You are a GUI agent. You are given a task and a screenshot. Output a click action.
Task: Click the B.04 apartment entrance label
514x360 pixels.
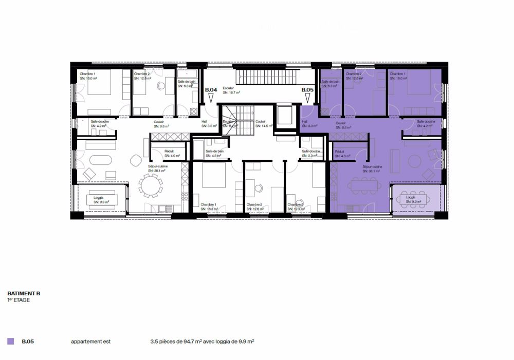click(211, 90)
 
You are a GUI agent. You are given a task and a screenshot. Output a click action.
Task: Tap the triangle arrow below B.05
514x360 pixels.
click(307, 97)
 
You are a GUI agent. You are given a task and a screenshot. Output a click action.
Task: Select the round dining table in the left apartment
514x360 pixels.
click(151, 185)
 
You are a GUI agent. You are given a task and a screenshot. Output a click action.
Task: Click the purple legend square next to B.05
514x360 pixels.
click(10, 341)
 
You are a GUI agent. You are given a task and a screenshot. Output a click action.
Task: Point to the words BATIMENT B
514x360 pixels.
click(24, 293)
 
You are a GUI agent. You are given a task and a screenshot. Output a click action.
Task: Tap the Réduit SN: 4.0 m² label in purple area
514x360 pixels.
click(341, 155)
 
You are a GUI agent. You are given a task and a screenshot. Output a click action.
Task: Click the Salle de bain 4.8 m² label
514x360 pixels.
click(214, 154)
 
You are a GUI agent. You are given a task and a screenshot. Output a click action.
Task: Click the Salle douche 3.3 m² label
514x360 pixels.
click(311, 154)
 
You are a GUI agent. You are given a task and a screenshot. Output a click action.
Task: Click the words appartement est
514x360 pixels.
click(90, 341)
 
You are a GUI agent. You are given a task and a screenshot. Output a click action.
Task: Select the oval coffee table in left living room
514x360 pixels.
click(98, 159)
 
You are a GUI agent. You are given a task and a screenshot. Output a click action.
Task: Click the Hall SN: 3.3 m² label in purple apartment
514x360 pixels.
click(309, 124)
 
